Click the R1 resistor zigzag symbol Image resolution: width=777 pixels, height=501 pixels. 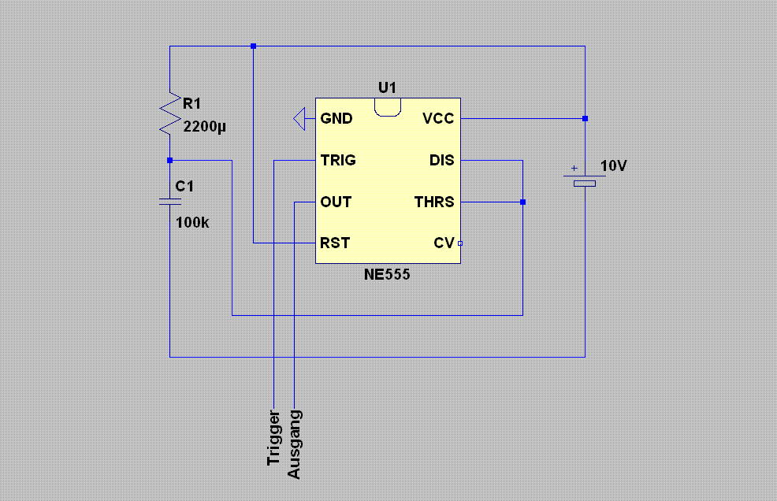coord(170,113)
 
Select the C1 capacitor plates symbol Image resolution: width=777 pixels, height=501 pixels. coord(170,201)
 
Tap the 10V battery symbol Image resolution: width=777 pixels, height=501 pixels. coord(585,179)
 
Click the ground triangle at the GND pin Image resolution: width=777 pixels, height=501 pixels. coord(299,119)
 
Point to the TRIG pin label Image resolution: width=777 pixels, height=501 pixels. coord(338,160)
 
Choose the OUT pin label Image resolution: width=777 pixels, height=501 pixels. coord(336,202)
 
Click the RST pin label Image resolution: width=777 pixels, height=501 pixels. coord(335,243)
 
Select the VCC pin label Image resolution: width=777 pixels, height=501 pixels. coord(438,118)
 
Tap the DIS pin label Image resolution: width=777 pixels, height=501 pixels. coord(441,160)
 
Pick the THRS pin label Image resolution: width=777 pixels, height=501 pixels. coord(434,202)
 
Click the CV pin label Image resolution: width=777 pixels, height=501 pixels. coord(444,243)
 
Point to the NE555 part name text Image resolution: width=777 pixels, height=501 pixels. coord(387,275)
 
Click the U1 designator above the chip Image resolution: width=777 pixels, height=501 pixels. coord(387,87)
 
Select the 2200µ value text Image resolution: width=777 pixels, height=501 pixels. coord(204,127)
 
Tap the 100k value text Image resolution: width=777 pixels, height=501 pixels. coord(192,222)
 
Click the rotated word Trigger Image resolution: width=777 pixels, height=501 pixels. coord(273,437)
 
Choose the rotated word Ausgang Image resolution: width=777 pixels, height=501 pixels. coord(294,444)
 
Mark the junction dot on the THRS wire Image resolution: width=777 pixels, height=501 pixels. coord(522,202)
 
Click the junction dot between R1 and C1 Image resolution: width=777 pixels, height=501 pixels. coord(170,160)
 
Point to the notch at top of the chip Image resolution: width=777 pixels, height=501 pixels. coord(388,108)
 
